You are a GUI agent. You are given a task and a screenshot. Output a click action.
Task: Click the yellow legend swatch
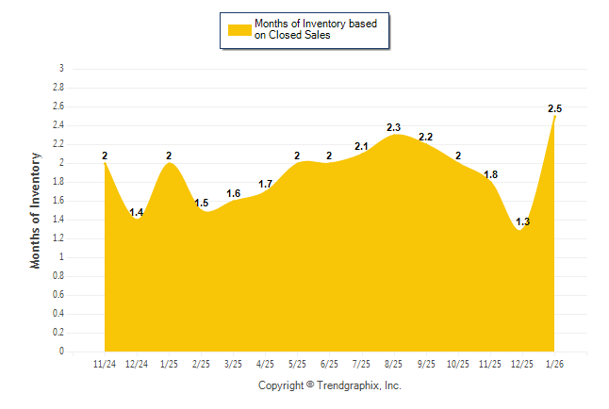click(239, 30)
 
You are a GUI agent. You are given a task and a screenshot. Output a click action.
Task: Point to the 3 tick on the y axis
click(61, 69)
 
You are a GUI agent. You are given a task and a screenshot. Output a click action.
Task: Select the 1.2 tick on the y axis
click(58, 238)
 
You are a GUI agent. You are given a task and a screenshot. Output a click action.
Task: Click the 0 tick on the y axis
click(61, 352)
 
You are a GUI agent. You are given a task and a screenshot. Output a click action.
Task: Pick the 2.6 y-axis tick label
click(58, 106)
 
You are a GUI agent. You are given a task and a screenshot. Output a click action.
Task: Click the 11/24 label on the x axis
click(105, 365)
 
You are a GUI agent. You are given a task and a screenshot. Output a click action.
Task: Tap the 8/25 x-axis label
click(395, 365)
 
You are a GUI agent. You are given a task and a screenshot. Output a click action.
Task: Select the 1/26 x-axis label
click(555, 365)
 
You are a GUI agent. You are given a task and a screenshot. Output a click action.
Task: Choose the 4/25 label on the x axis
click(266, 365)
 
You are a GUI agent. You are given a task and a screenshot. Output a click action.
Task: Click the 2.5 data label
click(555, 109)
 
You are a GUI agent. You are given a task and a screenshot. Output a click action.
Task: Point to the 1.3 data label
click(523, 222)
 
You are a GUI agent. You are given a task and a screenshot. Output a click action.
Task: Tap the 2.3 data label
click(395, 127)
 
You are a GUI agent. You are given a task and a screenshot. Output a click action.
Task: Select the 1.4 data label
click(137, 213)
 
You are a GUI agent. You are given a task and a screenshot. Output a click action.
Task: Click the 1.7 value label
click(266, 184)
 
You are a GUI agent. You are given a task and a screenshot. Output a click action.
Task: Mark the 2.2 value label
click(426, 138)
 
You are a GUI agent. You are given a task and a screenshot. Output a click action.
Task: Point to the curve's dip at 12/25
click(519, 230)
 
